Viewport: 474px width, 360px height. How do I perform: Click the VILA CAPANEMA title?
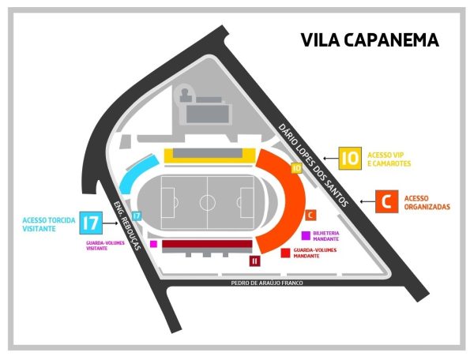pyautogui.click(x=370, y=39)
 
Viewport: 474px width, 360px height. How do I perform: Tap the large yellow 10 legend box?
pyautogui.click(x=350, y=158)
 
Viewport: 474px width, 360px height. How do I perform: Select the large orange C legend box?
pyautogui.click(x=386, y=201)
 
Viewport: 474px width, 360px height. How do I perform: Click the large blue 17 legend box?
pyautogui.click(x=91, y=223)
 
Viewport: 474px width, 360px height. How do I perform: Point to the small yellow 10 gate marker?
pyautogui.click(x=297, y=168)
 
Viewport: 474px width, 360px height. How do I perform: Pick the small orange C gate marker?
pyautogui.click(x=310, y=216)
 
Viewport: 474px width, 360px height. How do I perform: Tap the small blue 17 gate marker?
pyautogui.click(x=137, y=216)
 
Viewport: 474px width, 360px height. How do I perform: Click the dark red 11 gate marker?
pyautogui.click(x=254, y=261)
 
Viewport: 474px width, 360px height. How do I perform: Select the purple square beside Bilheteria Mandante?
pyautogui.click(x=306, y=236)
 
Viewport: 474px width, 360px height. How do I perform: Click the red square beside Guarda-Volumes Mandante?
pyautogui.click(x=285, y=253)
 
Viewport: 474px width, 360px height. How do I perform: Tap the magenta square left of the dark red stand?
pyautogui.click(x=153, y=244)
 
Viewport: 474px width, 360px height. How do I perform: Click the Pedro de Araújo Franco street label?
pyautogui.click(x=267, y=283)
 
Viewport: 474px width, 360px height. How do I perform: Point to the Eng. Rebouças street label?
pyautogui.click(x=127, y=226)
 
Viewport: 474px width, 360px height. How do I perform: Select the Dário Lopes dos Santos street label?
pyautogui.click(x=314, y=165)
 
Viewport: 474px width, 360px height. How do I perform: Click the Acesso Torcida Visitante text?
pyautogui.click(x=49, y=224)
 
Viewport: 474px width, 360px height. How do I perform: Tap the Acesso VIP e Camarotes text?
pyautogui.click(x=389, y=159)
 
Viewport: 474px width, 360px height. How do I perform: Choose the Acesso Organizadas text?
pyautogui.click(x=427, y=203)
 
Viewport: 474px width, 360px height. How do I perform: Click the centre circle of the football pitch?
pyautogui.click(x=207, y=202)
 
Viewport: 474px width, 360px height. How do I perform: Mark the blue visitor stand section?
pyautogui.click(x=138, y=174)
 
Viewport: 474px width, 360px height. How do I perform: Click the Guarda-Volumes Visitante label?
pyautogui.click(x=105, y=246)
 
